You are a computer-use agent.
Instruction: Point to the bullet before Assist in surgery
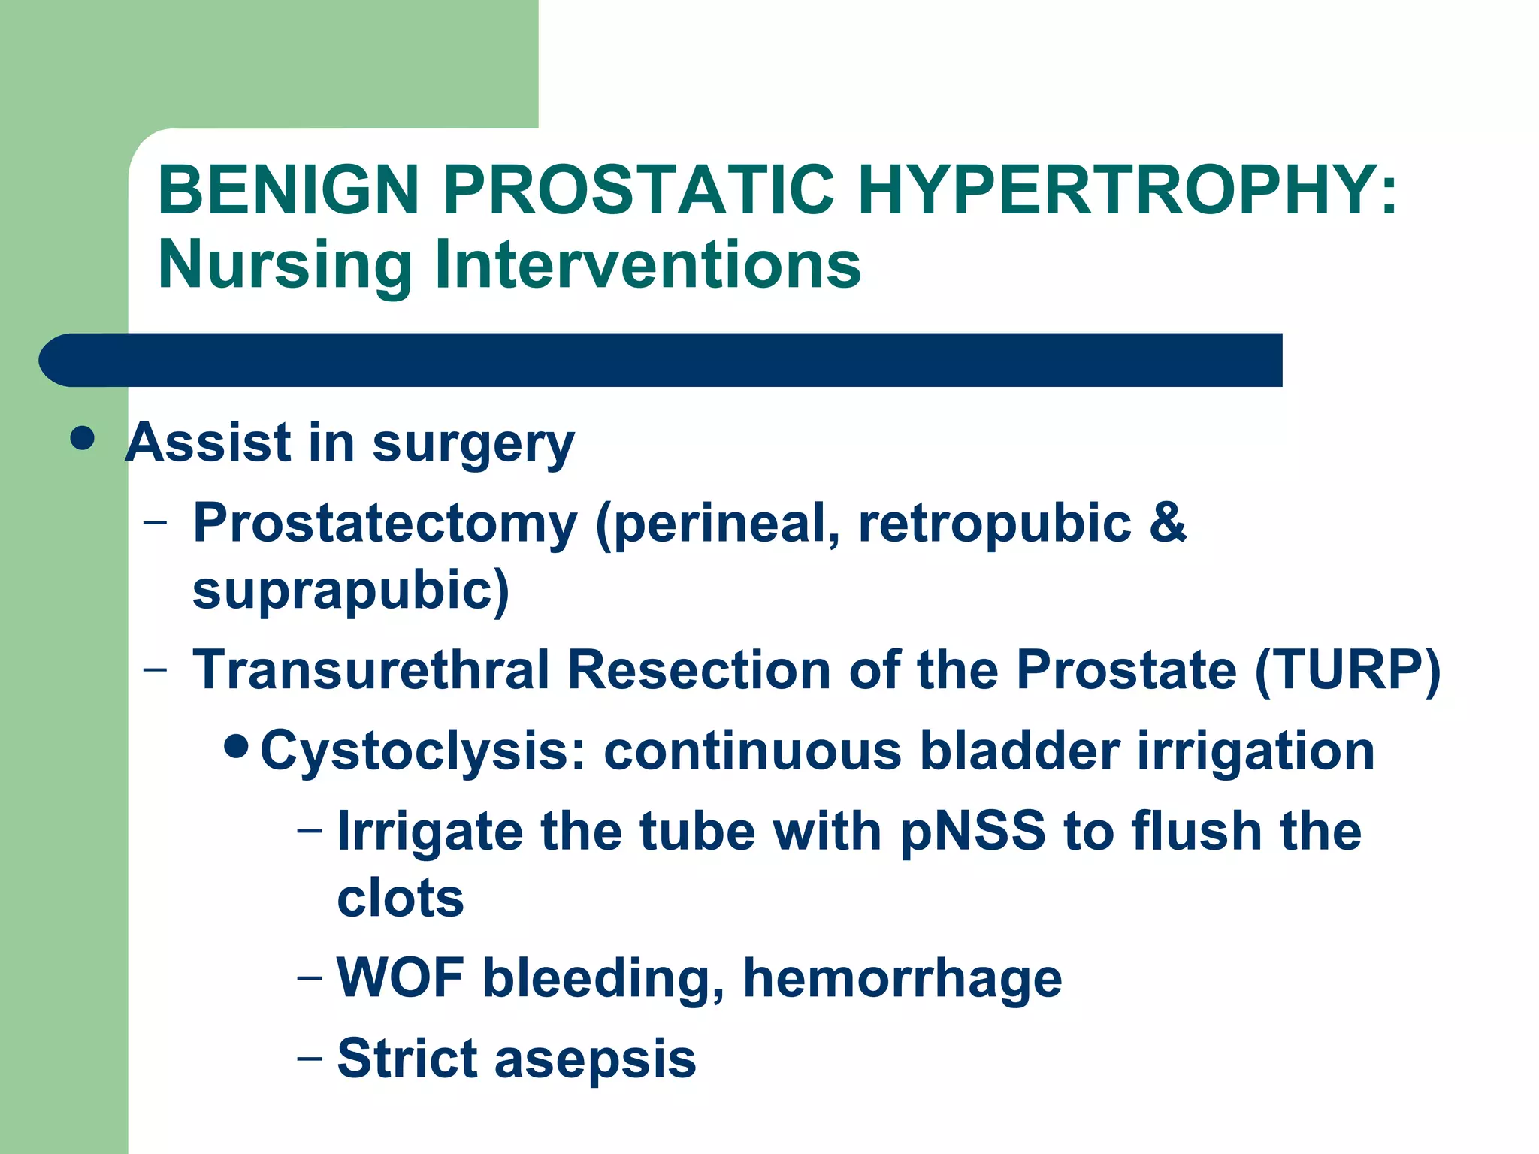point(82,438)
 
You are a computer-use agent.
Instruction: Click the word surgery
point(473,443)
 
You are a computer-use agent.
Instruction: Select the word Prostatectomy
point(385,523)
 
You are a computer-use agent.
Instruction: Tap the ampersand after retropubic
point(1167,521)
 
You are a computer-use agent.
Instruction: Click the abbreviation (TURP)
point(1347,670)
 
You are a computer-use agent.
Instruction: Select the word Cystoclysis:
point(422,751)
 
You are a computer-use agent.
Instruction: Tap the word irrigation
point(1255,751)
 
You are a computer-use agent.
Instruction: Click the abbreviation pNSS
point(972,832)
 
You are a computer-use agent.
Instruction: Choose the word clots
point(400,899)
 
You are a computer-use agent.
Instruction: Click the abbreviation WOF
point(400,977)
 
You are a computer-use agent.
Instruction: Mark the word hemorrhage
point(902,979)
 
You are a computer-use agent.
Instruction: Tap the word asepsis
point(595,1059)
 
